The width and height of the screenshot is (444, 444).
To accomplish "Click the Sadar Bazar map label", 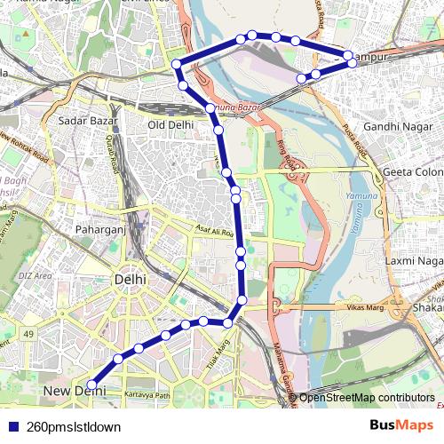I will coord(83,119).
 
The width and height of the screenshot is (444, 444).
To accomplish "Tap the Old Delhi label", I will coord(170,125).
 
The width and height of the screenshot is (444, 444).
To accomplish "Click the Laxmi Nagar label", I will coord(413,261).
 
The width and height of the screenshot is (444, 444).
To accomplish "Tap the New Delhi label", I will coord(67,391).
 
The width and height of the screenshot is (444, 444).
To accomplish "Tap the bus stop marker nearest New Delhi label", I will coord(91,385).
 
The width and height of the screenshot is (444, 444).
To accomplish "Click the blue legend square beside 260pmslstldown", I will coord(12,427).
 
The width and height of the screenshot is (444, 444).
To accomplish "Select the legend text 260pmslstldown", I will coord(74,427).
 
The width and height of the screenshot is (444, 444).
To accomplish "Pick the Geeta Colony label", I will coord(412,171).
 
